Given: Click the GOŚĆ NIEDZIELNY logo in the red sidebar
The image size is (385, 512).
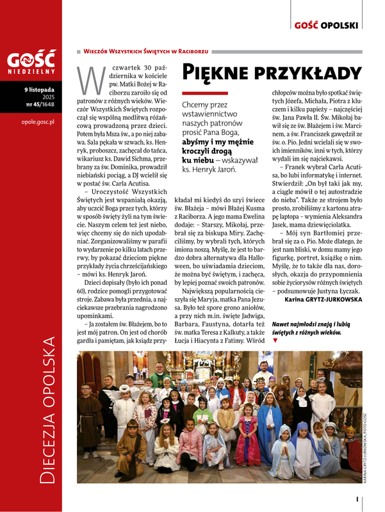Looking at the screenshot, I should (30, 63).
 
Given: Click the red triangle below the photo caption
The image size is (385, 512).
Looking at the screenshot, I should (275, 341).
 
